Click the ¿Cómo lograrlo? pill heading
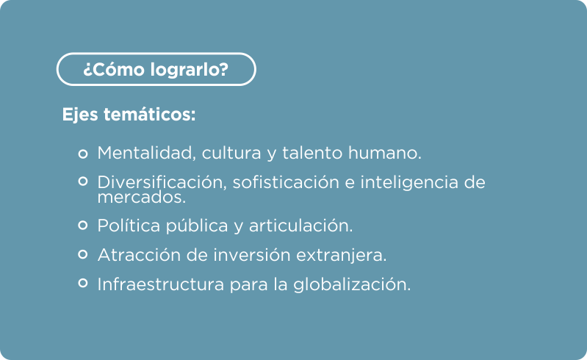click(156, 69)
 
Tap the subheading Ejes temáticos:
click(129, 115)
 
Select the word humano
click(384, 153)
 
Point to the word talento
click(312, 153)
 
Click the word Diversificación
click(162, 182)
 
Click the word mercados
click(142, 197)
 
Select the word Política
click(129, 226)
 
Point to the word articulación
click(300, 226)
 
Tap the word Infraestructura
click(161, 284)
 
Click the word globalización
click(352, 285)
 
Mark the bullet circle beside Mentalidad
click(83, 154)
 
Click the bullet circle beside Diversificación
click(83, 181)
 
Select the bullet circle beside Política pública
click(83, 225)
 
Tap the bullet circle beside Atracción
click(83, 254)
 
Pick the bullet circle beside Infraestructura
click(83, 283)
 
